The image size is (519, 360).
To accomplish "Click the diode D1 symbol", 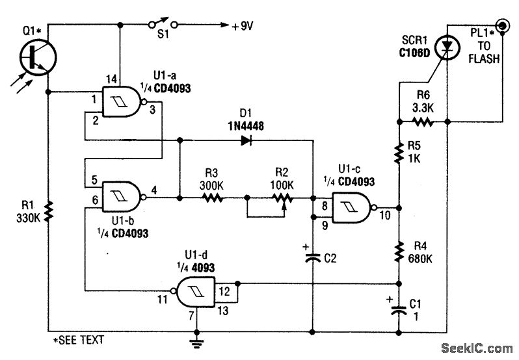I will pyautogui.click(x=246, y=138).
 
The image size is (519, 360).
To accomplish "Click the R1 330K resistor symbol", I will pyautogui.click(x=49, y=212).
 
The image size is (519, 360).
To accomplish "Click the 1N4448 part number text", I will pyautogui.click(x=246, y=123).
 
